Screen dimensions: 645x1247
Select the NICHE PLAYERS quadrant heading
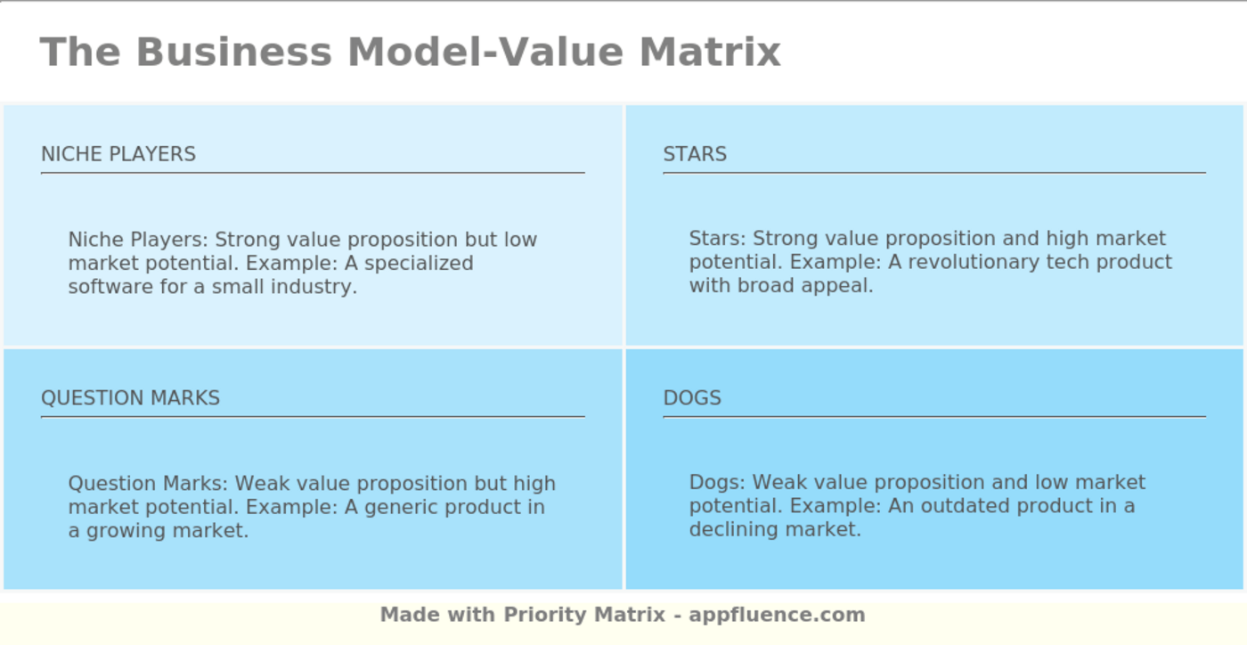pyautogui.click(x=118, y=154)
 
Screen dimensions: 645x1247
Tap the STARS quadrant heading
pyautogui.click(x=695, y=154)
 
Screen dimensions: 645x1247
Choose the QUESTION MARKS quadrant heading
pyautogui.click(x=130, y=398)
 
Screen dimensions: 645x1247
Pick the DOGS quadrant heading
pyautogui.click(x=692, y=398)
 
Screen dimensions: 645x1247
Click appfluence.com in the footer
pyautogui.click(x=777, y=615)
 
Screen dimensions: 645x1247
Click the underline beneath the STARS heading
pyautogui.click(x=933, y=173)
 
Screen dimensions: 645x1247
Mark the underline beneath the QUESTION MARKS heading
pyautogui.click(x=312, y=416)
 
